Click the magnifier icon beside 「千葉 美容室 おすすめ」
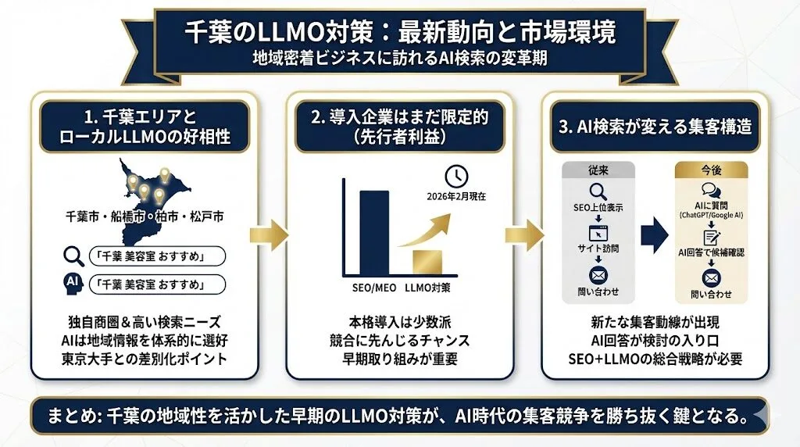(73, 256)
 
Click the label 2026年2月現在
(457, 196)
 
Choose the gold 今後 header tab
(711, 169)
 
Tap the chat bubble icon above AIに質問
(711, 190)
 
